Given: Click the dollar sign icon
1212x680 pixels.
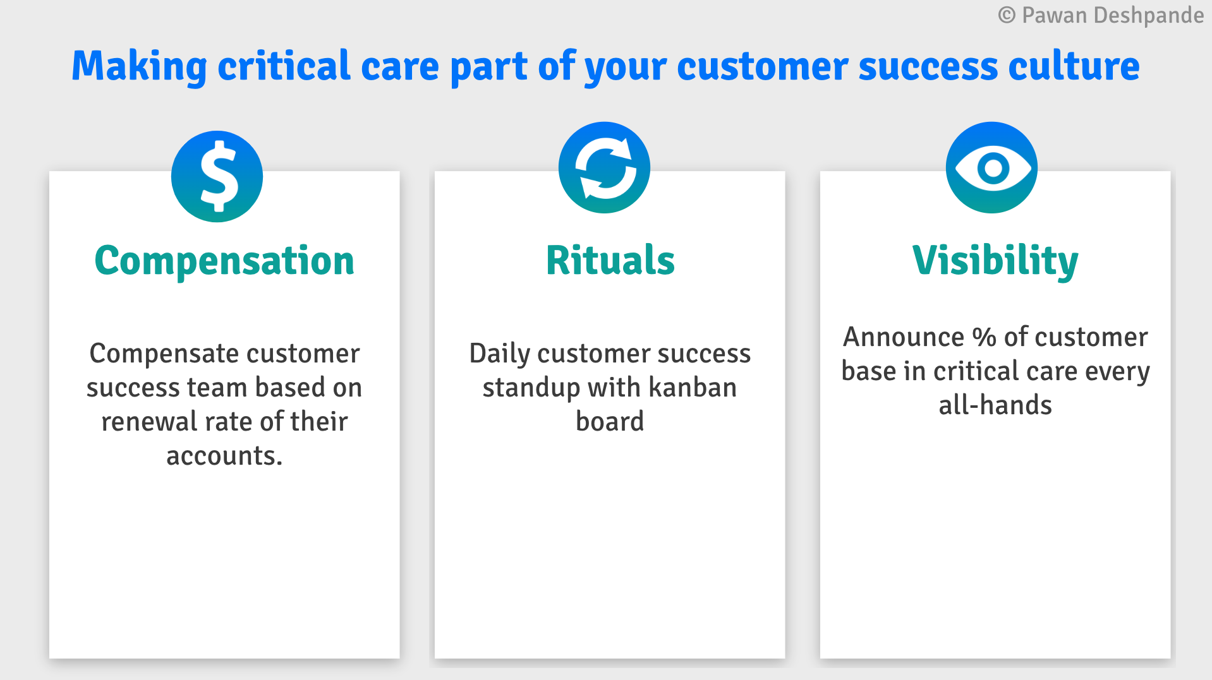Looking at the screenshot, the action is pyautogui.click(x=217, y=176).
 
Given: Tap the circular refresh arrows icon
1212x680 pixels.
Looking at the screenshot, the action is pyautogui.click(x=604, y=167).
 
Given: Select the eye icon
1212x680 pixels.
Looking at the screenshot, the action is pyautogui.click(x=991, y=167).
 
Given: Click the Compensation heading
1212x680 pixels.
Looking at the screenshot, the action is pyautogui.click(x=224, y=261).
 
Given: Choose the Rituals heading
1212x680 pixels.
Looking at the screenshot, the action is pyautogui.click(x=610, y=260).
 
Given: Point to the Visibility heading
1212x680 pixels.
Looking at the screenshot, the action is pyautogui.click(x=995, y=261).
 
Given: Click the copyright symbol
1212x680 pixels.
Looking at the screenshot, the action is pyautogui.click(x=1007, y=15).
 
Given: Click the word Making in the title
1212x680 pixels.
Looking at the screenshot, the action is pyautogui.click(x=139, y=66).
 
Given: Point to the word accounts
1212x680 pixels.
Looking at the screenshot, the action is pyautogui.click(x=224, y=456).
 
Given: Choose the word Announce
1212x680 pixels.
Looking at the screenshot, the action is pyautogui.click(x=904, y=337).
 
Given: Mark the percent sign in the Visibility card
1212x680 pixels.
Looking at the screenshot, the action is pyautogui.click(x=984, y=337).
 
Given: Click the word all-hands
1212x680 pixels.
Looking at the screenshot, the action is pyautogui.click(x=995, y=405).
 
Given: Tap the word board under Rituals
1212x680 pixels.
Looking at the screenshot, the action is pyautogui.click(x=610, y=421).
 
